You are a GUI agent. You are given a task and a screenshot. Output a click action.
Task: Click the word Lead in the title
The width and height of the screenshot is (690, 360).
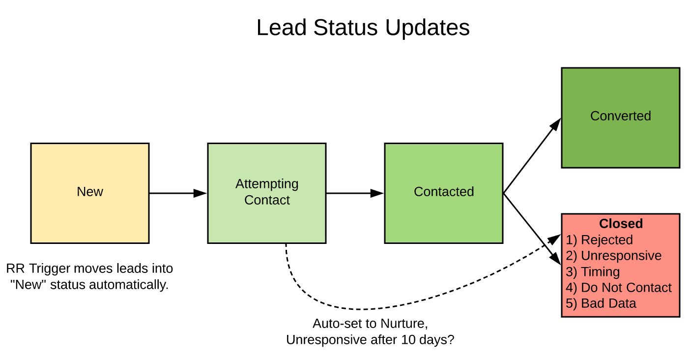click(281, 28)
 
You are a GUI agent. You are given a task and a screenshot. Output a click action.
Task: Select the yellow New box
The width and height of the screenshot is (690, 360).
click(90, 193)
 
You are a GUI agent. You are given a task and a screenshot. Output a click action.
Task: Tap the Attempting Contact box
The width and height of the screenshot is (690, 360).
click(267, 193)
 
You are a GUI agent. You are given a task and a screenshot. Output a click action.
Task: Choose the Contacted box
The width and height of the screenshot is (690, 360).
click(444, 193)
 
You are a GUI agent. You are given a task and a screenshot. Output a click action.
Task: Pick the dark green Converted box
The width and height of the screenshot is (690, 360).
click(620, 118)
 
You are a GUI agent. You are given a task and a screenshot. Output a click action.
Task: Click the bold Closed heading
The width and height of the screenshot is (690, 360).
click(621, 223)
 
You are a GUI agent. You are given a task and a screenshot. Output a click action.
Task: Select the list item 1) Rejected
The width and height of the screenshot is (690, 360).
click(599, 240)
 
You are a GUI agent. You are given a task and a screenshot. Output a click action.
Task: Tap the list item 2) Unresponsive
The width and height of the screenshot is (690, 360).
click(614, 256)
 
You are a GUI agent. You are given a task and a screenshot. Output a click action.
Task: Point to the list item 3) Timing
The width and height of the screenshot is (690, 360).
click(593, 272)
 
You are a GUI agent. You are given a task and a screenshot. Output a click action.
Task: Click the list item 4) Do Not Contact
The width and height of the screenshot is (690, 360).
click(619, 288)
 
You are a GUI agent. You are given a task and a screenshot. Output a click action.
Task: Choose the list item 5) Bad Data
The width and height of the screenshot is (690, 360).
click(601, 303)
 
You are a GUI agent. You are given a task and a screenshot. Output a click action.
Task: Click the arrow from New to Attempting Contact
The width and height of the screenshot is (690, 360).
click(178, 193)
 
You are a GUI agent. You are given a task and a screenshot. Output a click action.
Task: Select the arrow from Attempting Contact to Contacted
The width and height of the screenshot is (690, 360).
click(355, 193)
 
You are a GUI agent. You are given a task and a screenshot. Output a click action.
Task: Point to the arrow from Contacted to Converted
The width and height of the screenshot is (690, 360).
click(532, 155)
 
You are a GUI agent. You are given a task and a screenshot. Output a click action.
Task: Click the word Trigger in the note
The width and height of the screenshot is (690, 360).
click(50, 269)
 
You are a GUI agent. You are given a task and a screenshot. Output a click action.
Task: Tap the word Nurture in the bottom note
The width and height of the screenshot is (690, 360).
click(404, 324)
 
